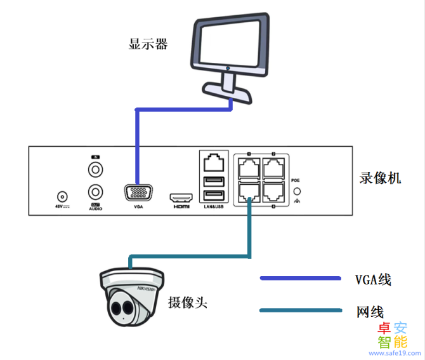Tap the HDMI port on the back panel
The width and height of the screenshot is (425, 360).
click(x=181, y=197)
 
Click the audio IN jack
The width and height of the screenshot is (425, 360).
click(x=96, y=170)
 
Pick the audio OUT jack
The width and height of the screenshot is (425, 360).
click(x=96, y=191)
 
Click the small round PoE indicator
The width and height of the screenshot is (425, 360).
click(x=296, y=190)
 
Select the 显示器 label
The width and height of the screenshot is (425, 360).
click(x=148, y=44)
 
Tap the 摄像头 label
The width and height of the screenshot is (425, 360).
click(x=188, y=302)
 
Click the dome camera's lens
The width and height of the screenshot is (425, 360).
click(x=118, y=309)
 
